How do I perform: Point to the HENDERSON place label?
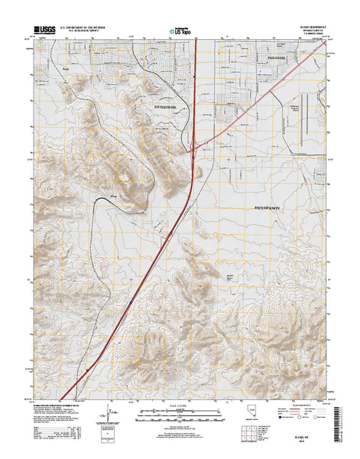pyautogui.click(x=267, y=207)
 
